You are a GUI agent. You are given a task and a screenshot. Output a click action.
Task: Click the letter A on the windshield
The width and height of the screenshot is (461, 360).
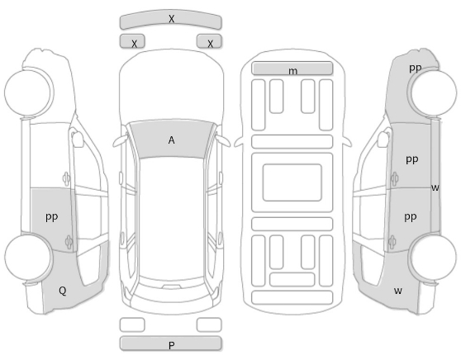tap(171, 140)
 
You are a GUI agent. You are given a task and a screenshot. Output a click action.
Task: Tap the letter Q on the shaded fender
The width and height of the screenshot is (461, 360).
tap(62, 291)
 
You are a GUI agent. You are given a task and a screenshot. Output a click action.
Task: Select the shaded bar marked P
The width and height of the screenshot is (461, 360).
tap(170, 343)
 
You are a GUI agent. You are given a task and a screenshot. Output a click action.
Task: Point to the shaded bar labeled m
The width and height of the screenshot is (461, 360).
tap(292, 69)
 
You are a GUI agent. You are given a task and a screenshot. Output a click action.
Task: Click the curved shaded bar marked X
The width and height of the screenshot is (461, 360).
tap(170, 19)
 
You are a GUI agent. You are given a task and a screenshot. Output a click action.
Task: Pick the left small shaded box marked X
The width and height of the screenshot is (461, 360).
tap(132, 41)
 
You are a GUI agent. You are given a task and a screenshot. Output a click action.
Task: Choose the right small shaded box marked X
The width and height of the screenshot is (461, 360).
tap(209, 41)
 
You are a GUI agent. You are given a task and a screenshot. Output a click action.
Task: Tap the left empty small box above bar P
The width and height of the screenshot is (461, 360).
tap(132, 324)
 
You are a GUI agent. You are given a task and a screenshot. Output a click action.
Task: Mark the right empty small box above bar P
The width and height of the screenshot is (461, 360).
tap(209, 324)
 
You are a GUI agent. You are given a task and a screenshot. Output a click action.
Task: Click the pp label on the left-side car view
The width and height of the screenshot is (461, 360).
tap(52, 217)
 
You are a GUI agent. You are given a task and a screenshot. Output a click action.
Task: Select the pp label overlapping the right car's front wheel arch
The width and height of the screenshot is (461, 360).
tap(415, 68)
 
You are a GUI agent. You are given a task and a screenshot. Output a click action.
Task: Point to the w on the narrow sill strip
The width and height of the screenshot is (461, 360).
tap(435, 187)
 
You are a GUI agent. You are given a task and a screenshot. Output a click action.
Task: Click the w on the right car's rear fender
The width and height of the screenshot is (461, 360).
tap(397, 291)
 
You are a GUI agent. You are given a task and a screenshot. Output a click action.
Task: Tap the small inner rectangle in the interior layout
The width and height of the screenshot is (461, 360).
tap(292, 182)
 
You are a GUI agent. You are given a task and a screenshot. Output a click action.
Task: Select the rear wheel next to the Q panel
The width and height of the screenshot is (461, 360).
tap(28, 257)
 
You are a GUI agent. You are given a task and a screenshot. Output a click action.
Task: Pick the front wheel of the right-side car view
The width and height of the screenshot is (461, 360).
tap(434, 92)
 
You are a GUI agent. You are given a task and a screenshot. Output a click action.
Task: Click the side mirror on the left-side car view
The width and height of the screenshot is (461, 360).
tap(78, 139)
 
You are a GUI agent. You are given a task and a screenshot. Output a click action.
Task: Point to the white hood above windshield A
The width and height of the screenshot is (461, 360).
tap(171, 85)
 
